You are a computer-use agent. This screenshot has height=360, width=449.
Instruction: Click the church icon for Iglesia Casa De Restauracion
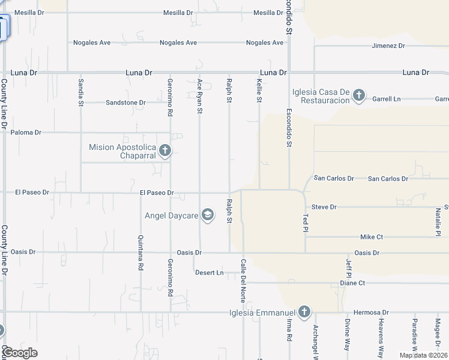pos(358,95)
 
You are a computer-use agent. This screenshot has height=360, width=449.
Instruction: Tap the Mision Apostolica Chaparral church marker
pos(164,151)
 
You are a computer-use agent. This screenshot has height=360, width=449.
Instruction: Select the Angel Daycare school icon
pos(208,215)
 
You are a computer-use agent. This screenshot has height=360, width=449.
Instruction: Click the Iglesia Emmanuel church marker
pos(304,312)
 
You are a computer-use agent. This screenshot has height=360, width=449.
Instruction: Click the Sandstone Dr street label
pos(125,103)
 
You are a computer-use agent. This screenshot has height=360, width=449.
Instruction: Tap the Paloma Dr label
pos(26,132)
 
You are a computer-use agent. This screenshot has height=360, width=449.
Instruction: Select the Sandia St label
pos(80,92)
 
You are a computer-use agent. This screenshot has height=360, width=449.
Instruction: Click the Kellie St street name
pos(259,92)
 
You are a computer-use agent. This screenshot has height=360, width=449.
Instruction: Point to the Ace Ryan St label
pos(200,96)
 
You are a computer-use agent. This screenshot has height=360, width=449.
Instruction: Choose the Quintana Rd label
pos(140,253)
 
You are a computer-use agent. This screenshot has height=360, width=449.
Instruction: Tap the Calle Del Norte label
pos(243,277)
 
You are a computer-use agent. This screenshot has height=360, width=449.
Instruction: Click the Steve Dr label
pos(324,207)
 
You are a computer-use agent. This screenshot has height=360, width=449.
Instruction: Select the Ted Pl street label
pos(306,223)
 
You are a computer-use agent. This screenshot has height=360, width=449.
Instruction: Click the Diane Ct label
pos(352,283)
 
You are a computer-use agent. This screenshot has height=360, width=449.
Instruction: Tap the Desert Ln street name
pos(209,272)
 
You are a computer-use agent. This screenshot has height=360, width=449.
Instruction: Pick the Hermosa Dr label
pos(372,313)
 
